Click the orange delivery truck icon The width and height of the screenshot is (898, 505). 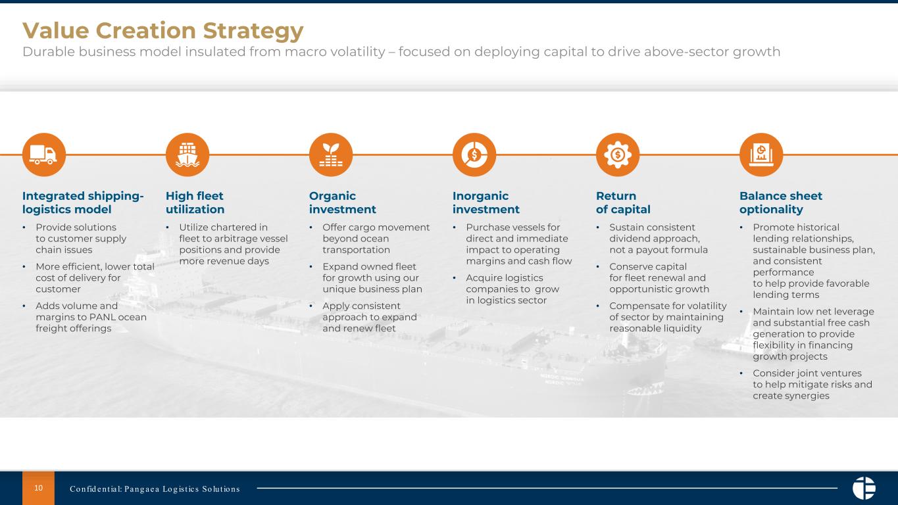click(x=43, y=155)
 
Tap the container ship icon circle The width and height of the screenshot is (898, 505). click(x=187, y=155)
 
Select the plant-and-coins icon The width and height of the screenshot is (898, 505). click(x=331, y=155)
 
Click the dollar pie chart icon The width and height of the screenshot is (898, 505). click(x=474, y=155)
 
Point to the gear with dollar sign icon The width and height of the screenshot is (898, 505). click(x=618, y=155)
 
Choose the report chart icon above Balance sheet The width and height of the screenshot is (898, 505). click(x=761, y=155)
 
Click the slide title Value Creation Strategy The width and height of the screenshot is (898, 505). click(x=162, y=30)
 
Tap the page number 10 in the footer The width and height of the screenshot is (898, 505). click(x=38, y=488)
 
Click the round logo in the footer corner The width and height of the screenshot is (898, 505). click(x=864, y=488)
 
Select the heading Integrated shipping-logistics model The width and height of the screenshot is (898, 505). click(x=83, y=203)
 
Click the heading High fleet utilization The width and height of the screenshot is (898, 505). click(x=195, y=203)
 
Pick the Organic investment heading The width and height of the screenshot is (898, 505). click(x=342, y=203)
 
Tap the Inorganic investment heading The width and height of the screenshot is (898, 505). click(x=486, y=203)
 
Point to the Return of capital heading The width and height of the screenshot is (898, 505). click(x=623, y=203)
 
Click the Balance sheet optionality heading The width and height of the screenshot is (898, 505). click(x=781, y=203)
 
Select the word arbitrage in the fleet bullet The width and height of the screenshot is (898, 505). click(x=237, y=239)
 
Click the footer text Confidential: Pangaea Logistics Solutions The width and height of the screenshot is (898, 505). click(x=155, y=489)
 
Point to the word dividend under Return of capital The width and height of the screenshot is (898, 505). click(x=630, y=239)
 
